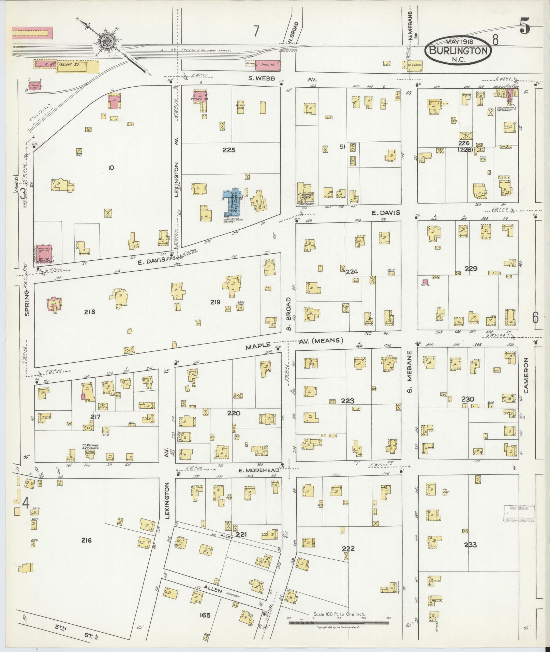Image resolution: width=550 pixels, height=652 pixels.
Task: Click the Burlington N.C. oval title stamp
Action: [458, 50]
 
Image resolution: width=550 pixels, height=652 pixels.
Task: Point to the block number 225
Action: [228, 150]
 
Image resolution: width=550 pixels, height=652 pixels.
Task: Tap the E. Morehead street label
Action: [258, 470]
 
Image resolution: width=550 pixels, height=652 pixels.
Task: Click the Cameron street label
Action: [526, 375]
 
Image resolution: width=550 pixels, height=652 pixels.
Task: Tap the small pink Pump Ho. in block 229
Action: [425, 282]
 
